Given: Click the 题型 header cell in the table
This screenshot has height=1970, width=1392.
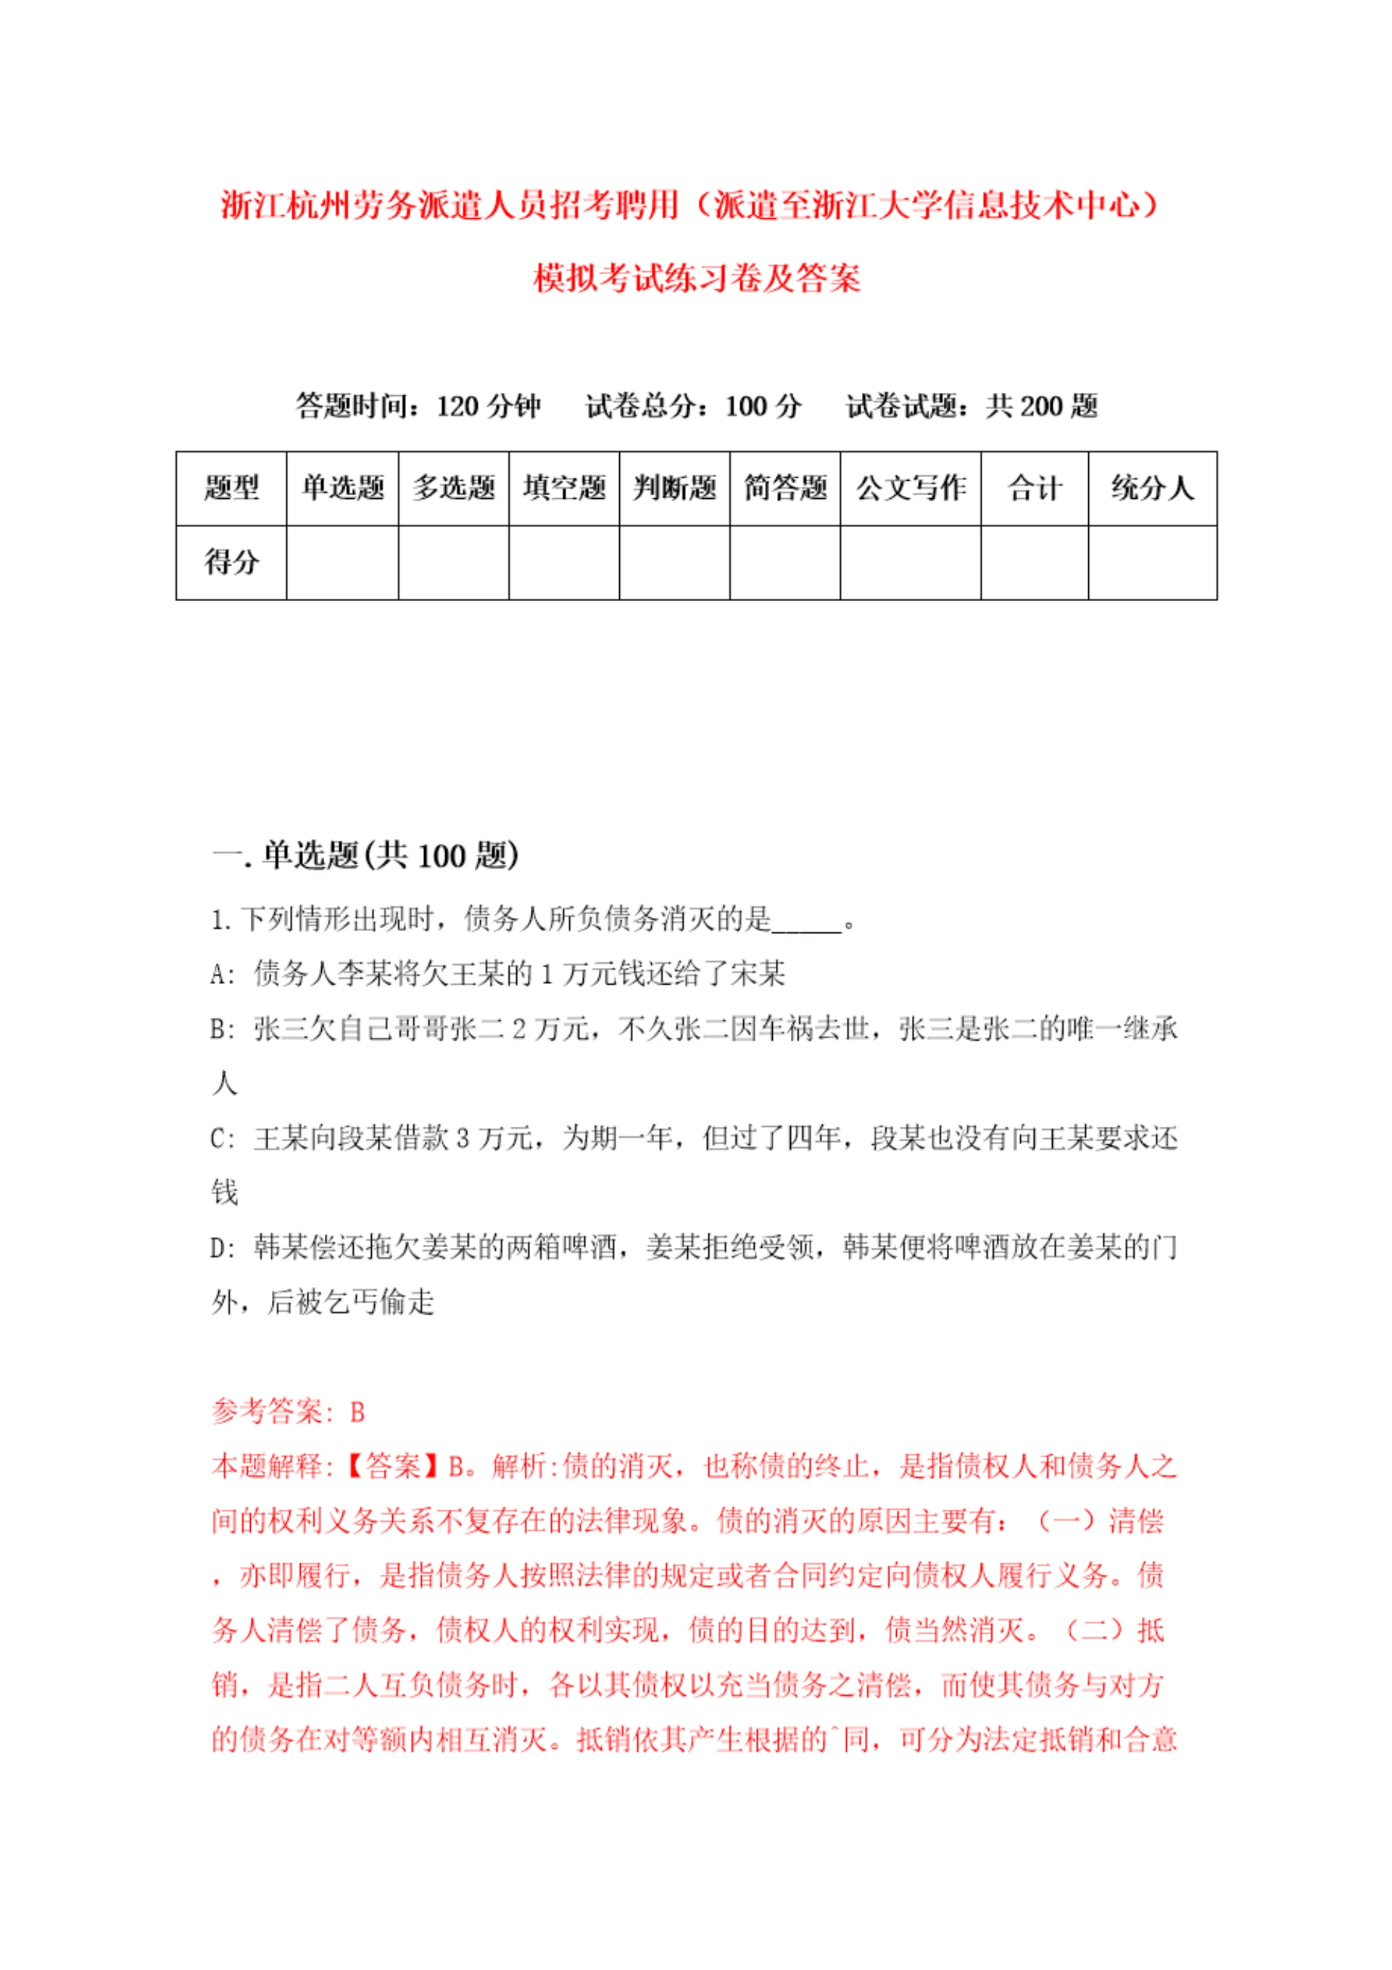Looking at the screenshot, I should pos(231,488).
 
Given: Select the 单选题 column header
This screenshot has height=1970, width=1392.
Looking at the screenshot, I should pos(342,488).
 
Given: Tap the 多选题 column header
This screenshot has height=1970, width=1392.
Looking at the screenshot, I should pos(453,488).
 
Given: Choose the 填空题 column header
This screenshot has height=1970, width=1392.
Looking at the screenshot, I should pos(564,488).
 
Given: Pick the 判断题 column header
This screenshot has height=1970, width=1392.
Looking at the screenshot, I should pos(674,488).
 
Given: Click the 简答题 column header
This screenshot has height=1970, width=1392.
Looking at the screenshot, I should pos(784,488).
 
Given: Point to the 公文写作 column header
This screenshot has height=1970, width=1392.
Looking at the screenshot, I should pos(911,488).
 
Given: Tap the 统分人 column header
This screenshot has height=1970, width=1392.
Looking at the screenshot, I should pos(1152,488).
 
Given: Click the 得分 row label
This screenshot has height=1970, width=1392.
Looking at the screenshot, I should pos(231,562).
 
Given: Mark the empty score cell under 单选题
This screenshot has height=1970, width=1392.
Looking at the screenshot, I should pos(342,562).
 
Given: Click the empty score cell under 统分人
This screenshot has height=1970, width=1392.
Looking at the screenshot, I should pos(1152,562).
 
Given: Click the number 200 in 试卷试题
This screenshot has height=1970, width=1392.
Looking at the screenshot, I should pos(1040,406).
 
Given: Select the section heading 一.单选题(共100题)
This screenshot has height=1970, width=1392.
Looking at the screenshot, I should pos(365,856).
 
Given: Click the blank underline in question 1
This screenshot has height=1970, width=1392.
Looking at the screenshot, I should pos(807,921).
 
